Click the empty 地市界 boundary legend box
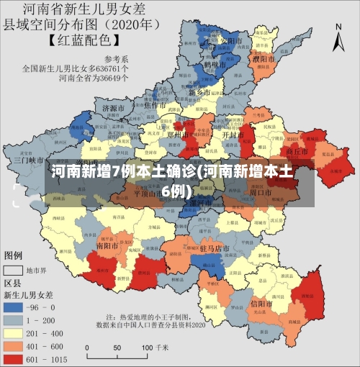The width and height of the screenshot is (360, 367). pyautogui.click(x=13, y=271)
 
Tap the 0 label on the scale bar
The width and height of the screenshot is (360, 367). pyautogui.click(x=87, y=347)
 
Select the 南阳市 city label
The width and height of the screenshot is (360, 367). pyautogui.click(x=109, y=245)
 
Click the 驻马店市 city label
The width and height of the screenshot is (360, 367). pyautogui.click(x=215, y=248)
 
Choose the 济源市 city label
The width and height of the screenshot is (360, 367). pyautogui.click(x=114, y=108)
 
